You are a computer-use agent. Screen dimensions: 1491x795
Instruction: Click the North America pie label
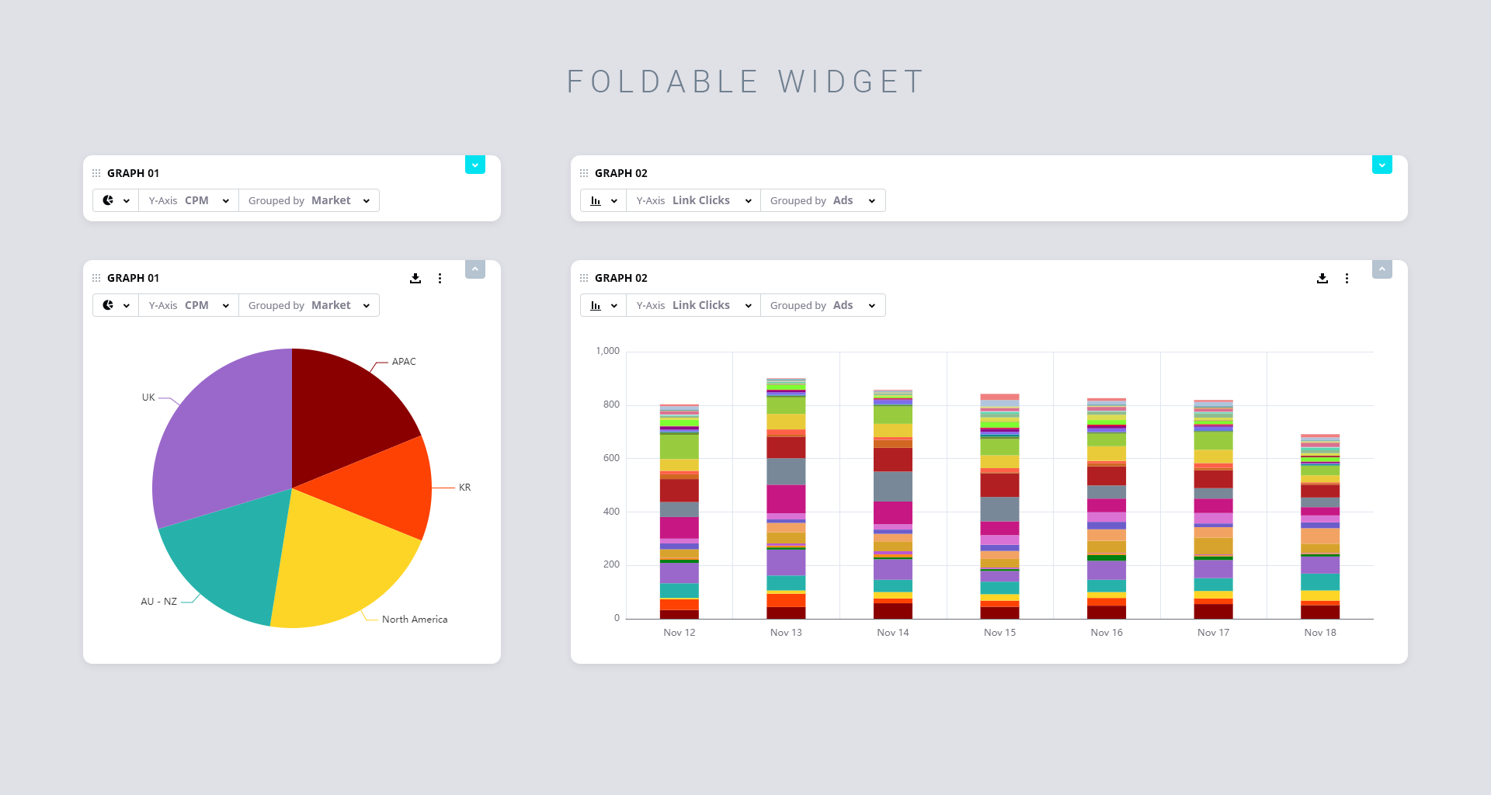pos(415,620)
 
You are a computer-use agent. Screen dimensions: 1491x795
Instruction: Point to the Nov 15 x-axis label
pos(999,633)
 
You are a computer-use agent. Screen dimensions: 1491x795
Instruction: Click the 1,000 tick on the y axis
pos(608,351)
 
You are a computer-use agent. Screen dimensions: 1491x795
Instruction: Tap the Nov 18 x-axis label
pos(1320,633)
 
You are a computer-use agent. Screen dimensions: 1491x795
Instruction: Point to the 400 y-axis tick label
pos(611,512)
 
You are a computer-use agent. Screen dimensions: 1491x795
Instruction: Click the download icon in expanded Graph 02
pos(1322,278)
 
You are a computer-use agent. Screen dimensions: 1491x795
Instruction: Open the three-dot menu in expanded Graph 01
pos(440,278)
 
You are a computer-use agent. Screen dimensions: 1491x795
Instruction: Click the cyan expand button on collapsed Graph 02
pos(1382,165)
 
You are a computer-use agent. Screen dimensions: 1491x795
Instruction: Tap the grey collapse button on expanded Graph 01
pos(475,269)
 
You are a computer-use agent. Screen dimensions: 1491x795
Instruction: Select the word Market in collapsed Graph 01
pos(331,200)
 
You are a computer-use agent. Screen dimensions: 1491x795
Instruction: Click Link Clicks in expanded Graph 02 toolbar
pos(701,305)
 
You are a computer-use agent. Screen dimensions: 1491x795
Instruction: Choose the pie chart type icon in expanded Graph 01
pos(108,305)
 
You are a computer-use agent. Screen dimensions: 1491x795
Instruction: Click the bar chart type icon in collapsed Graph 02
pos(596,200)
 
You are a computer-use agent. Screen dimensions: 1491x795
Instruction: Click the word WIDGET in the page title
pos(851,82)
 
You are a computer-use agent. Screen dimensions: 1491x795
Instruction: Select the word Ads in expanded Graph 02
pos(843,305)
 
